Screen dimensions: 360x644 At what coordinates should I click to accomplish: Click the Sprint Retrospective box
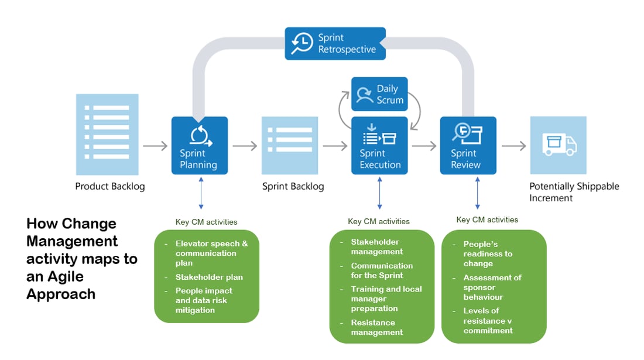335,43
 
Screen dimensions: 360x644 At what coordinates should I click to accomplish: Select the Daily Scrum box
379,94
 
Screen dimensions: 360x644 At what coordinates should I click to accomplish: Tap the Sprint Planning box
199,145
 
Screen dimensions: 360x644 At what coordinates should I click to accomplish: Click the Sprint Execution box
379,145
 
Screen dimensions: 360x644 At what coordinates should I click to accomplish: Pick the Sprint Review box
468,145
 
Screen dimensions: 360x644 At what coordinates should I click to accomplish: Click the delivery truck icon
558,145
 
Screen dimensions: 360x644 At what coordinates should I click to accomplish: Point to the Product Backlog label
109,187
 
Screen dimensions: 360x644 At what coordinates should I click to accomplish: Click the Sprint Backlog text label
293,187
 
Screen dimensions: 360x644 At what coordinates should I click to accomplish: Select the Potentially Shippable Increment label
574,192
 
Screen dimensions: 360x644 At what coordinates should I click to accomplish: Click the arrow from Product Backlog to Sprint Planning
155,146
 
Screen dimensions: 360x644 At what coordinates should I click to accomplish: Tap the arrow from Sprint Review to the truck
513,146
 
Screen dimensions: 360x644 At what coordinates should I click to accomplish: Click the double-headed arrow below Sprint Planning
201,194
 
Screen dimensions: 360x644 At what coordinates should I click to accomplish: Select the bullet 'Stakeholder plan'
209,277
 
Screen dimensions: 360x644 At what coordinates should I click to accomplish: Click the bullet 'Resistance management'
376,327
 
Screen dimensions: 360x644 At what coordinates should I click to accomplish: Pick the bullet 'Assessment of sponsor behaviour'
492,287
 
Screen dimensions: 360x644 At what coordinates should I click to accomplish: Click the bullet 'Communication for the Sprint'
382,270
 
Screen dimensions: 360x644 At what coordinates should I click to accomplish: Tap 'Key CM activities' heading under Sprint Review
487,220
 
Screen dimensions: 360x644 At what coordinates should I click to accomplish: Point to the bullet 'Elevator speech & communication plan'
211,253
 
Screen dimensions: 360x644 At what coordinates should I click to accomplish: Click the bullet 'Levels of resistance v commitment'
488,321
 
